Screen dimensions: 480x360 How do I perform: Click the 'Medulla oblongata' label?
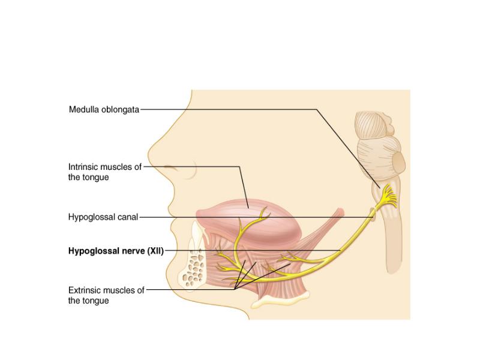pyautogui.click(x=104, y=110)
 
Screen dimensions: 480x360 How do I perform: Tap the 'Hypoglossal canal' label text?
pyautogui.click(x=103, y=217)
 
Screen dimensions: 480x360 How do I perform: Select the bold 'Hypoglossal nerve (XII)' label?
pyautogui.click(x=116, y=251)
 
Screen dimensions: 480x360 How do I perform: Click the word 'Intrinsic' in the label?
pyautogui.click(x=83, y=167)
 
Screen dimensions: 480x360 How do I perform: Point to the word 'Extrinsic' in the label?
pyautogui.click(x=84, y=290)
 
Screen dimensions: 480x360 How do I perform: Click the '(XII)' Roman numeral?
pyautogui.click(x=155, y=251)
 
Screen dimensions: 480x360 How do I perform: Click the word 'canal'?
pyautogui.click(x=128, y=217)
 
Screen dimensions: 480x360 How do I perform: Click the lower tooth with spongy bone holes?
pyautogui.click(x=193, y=266)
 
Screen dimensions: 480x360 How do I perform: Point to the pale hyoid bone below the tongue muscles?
pyautogui.click(x=280, y=300)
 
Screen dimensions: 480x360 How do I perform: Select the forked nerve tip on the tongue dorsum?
pyautogui.click(x=263, y=213)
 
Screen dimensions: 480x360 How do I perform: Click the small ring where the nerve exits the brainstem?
pyautogui.click(x=373, y=214)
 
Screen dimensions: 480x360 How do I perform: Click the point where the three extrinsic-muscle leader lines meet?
pyautogui.click(x=235, y=289)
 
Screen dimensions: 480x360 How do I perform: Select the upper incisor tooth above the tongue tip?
pyautogui.click(x=196, y=232)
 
